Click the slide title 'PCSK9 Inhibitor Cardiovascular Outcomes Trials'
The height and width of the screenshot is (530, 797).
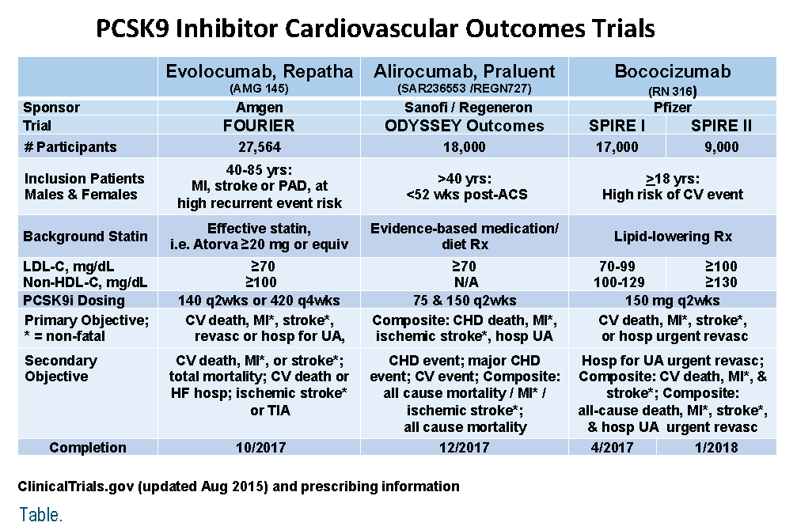[376, 28]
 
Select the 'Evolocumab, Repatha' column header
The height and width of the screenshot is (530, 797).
[260, 71]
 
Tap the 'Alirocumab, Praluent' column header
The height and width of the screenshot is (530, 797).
[464, 71]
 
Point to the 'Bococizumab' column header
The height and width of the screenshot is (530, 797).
[673, 71]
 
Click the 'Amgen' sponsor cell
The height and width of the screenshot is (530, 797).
[260, 108]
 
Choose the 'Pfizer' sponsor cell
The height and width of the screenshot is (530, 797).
[673, 108]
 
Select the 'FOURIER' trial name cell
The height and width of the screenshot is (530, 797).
[259, 126]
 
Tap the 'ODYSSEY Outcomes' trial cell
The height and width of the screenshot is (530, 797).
[464, 126]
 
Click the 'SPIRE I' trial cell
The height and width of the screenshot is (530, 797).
[617, 126]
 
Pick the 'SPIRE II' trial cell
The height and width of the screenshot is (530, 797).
[721, 126]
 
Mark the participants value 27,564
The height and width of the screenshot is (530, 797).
[260, 147]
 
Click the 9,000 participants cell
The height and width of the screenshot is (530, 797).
[721, 147]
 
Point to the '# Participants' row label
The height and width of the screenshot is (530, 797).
[70, 147]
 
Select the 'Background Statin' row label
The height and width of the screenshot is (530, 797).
[85, 237]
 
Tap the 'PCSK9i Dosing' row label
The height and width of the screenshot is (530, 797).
[74, 301]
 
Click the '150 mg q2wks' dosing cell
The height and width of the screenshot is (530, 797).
[672, 301]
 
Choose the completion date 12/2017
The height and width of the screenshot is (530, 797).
[464, 448]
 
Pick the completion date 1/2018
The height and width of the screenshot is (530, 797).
[716, 448]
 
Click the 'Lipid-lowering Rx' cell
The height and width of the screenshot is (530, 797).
[673, 237]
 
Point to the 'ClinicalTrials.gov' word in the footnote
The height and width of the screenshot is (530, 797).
[76, 486]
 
